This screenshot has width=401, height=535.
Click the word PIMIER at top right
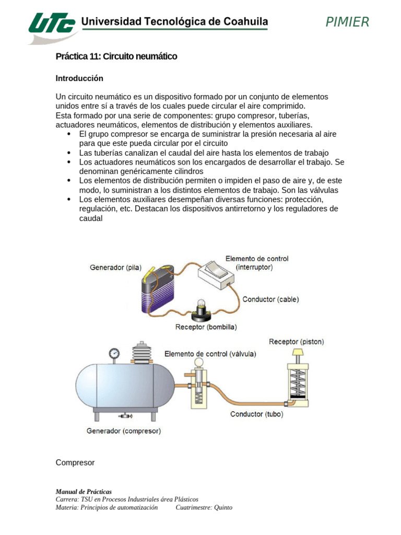(x=347, y=22)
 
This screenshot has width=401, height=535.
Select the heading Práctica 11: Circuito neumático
(x=116, y=56)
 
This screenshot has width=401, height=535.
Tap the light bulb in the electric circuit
(x=200, y=308)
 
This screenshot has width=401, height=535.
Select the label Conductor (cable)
(x=270, y=299)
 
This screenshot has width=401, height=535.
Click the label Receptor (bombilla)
(x=206, y=327)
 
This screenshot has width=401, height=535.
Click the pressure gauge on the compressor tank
(x=114, y=353)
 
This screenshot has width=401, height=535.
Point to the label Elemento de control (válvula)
(x=210, y=354)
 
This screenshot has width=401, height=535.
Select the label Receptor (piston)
(x=296, y=342)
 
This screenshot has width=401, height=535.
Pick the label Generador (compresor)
(x=124, y=431)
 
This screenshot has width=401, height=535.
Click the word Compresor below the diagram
(x=75, y=463)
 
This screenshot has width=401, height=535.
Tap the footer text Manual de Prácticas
(x=84, y=492)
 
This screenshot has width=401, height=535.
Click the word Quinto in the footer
(x=222, y=507)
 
